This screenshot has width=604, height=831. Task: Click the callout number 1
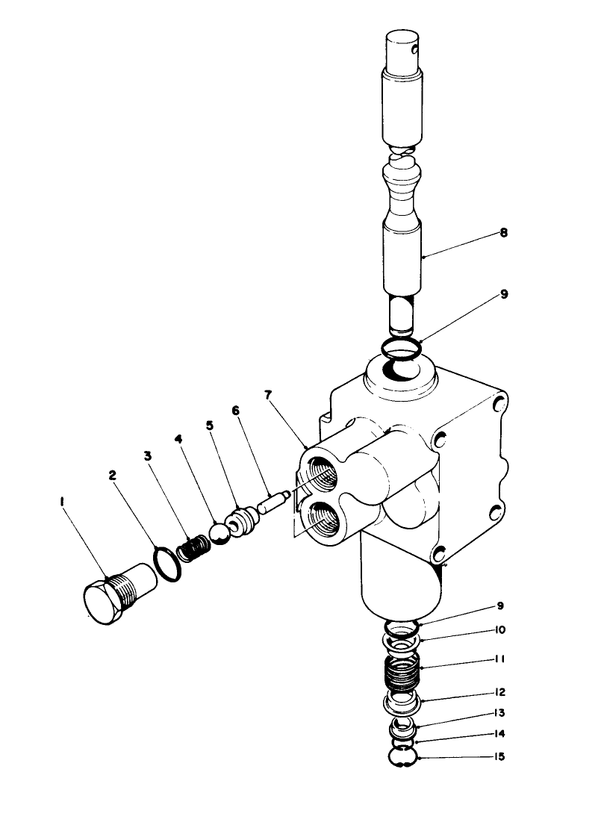(62, 502)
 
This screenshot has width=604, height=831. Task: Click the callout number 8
(504, 234)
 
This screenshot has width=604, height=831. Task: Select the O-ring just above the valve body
(402, 347)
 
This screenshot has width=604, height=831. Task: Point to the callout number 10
(499, 629)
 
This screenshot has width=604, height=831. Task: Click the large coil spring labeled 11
(404, 673)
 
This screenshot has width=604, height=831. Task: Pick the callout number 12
(499, 692)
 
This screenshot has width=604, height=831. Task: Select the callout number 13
(499, 713)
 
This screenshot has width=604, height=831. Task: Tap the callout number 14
(499, 734)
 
